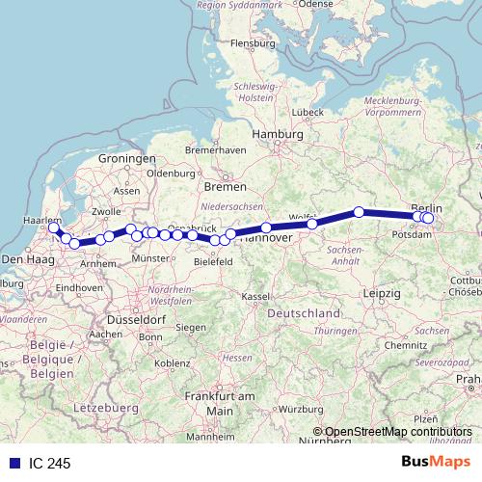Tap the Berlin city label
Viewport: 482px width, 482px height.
[x=427, y=207]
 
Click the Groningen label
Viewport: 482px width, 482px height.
[x=126, y=158]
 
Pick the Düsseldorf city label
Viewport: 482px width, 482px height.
[x=142, y=318]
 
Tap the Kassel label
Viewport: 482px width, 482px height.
[x=255, y=295]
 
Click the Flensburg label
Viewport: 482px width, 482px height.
[x=254, y=42]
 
